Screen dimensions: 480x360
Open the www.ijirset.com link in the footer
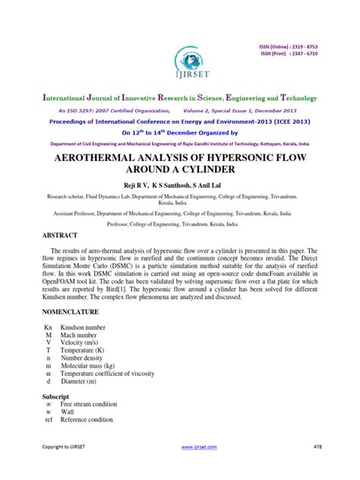tap(200, 468)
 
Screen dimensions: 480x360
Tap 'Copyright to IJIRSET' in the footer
tap(62, 468)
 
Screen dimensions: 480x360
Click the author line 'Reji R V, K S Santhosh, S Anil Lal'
tap(179, 185)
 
